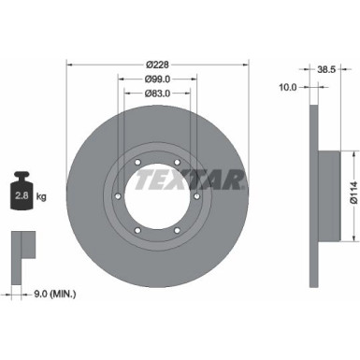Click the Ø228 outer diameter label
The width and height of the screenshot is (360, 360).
click(157, 65)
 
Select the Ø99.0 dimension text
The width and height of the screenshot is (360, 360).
click(157, 79)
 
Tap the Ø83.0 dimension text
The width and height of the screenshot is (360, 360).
click(157, 94)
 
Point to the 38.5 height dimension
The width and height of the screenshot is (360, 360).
click(326, 69)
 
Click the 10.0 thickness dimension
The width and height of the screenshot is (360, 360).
click(288, 87)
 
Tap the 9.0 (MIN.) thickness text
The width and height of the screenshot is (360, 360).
click(55, 294)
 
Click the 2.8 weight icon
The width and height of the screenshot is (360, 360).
click(22, 191)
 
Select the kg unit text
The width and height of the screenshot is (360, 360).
click(41, 196)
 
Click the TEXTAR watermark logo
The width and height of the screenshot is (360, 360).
click(190, 180)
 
